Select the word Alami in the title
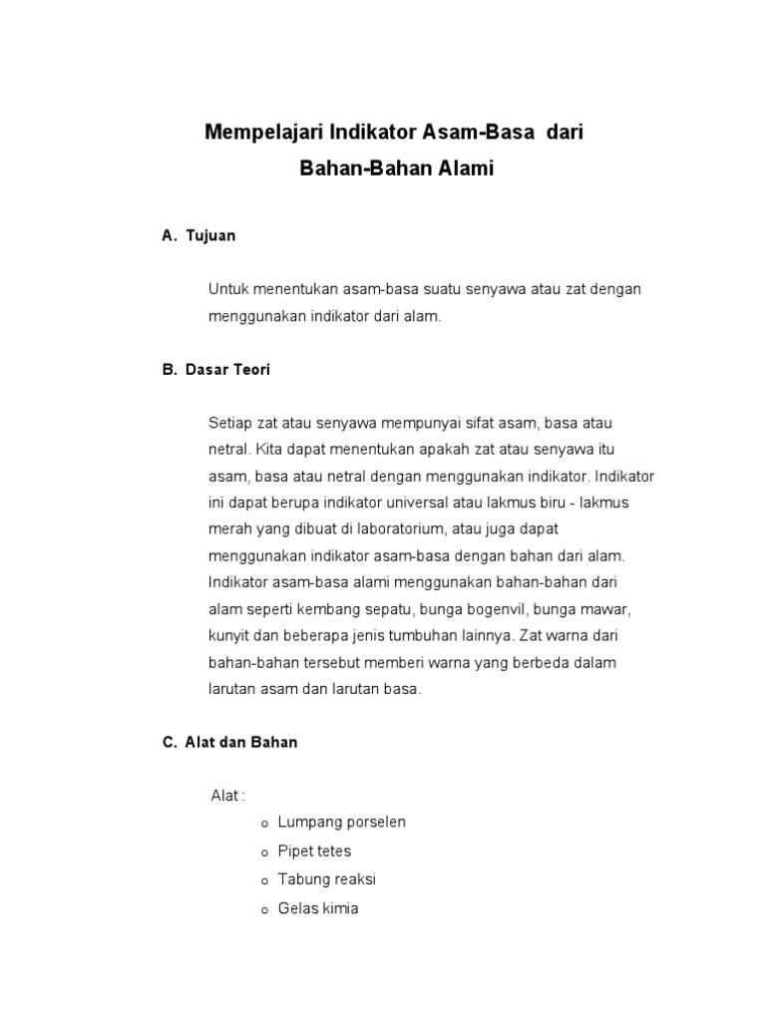[x=466, y=170]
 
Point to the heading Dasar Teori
[x=227, y=370]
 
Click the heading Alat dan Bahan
[x=241, y=743]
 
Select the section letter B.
[x=168, y=370]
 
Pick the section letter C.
[x=168, y=743]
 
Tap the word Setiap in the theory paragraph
[x=230, y=423]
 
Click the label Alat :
[x=227, y=796]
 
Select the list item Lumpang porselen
[x=342, y=823]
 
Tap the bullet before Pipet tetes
[x=264, y=853]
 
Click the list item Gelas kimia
[x=318, y=908]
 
